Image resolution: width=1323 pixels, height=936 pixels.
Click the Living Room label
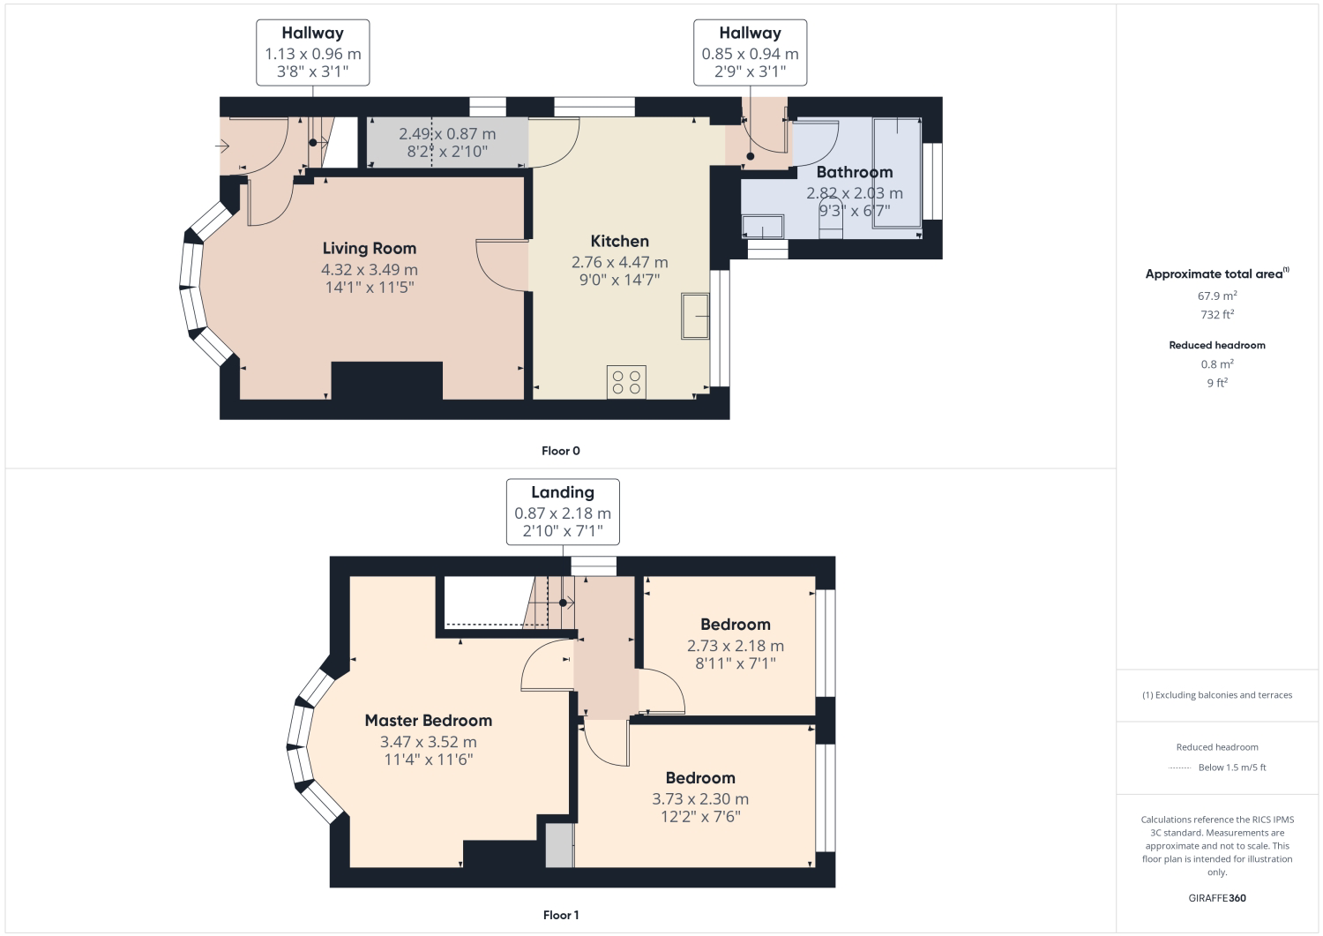tap(370, 248)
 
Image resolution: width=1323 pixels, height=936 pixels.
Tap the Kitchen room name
tap(619, 241)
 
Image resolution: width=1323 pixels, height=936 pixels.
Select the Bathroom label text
tap(855, 172)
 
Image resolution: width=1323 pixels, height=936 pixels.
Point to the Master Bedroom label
tap(428, 721)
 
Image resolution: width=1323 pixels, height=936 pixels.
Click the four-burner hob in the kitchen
tap(626, 382)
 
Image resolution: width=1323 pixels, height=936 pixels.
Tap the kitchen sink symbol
tap(695, 316)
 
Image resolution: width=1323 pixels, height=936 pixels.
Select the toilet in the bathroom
tap(831, 220)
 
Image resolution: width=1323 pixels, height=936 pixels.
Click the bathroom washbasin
tap(763, 227)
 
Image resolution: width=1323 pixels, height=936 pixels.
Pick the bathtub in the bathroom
tap(897, 173)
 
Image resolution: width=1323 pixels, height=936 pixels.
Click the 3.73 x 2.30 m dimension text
tap(700, 799)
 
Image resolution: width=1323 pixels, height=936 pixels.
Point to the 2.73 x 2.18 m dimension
tap(736, 646)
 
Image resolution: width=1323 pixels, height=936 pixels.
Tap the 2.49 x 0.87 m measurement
tap(447, 133)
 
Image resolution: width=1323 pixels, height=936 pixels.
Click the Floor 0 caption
tap(560, 451)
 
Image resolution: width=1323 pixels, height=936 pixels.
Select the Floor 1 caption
tap(560, 916)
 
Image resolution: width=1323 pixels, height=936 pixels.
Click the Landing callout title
tap(563, 492)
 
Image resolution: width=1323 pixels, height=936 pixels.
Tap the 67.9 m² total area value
tap(1216, 296)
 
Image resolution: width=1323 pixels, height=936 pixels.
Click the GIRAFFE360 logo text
tap(1216, 898)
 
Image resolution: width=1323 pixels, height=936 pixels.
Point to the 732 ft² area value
tap(1216, 314)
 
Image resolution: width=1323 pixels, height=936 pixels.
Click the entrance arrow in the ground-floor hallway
tap(222, 146)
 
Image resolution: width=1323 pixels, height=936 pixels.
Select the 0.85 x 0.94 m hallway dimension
tap(750, 54)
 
